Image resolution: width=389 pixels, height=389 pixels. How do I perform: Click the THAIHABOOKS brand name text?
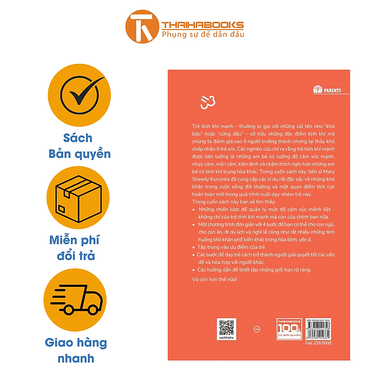coord(203,25)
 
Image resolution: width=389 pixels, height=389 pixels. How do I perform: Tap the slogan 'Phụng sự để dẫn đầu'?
coord(203,35)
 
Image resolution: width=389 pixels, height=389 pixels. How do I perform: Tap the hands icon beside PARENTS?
coord(318,90)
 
